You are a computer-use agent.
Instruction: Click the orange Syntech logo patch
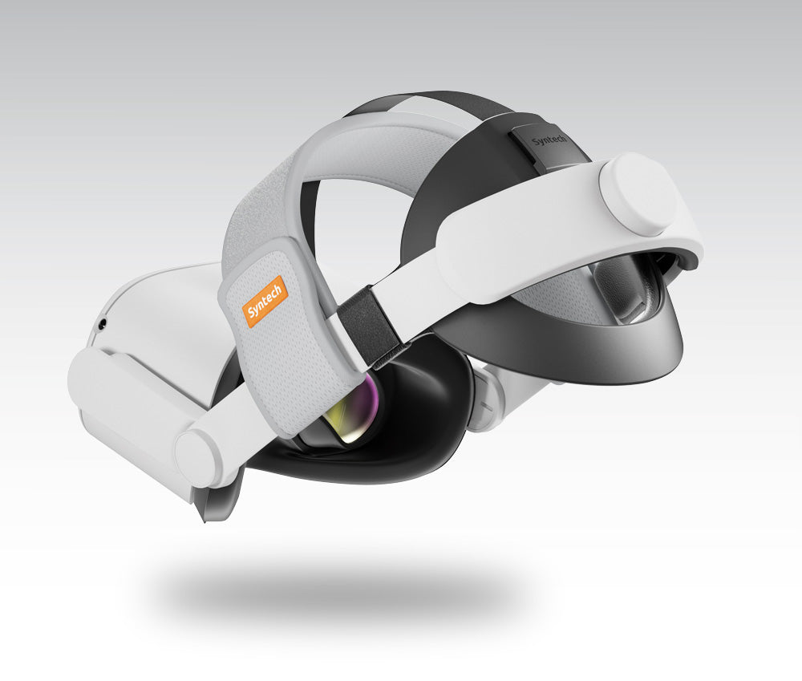pos(265,301)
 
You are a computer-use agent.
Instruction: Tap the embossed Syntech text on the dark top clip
pos(549,140)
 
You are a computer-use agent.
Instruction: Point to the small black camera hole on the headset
pos(103,322)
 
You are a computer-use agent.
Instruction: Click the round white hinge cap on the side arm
pos(198,459)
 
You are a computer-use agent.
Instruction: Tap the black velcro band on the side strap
pos(367,327)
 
